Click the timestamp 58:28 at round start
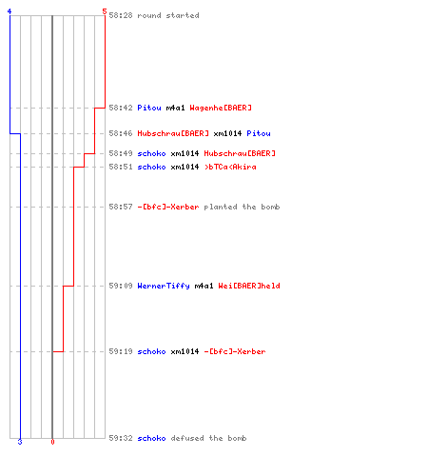tap(121, 15)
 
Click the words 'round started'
tap(168, 15)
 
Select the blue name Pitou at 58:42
tap(149, 108)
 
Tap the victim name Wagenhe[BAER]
tap(221, 108)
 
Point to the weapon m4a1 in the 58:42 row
tap(175, 108)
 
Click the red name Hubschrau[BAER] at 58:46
tap(173, 133)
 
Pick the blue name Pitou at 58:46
tap(259, 133)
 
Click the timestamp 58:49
tap(121, 153)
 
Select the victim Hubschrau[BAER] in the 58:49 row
tap(240, 153)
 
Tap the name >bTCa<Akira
tap(230, 167)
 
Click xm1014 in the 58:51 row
tap(185, 167)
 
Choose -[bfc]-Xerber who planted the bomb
tap(168, 207)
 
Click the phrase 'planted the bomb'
tap(242, 207)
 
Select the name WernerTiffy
tap(164, 286)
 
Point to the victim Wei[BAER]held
tap(249, 286)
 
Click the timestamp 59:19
tap(121, 351)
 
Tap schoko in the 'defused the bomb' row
tap(151, 438)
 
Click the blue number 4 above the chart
tap(10, 11)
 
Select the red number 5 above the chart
tap(105, 11)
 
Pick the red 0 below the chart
tap(52, 442)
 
